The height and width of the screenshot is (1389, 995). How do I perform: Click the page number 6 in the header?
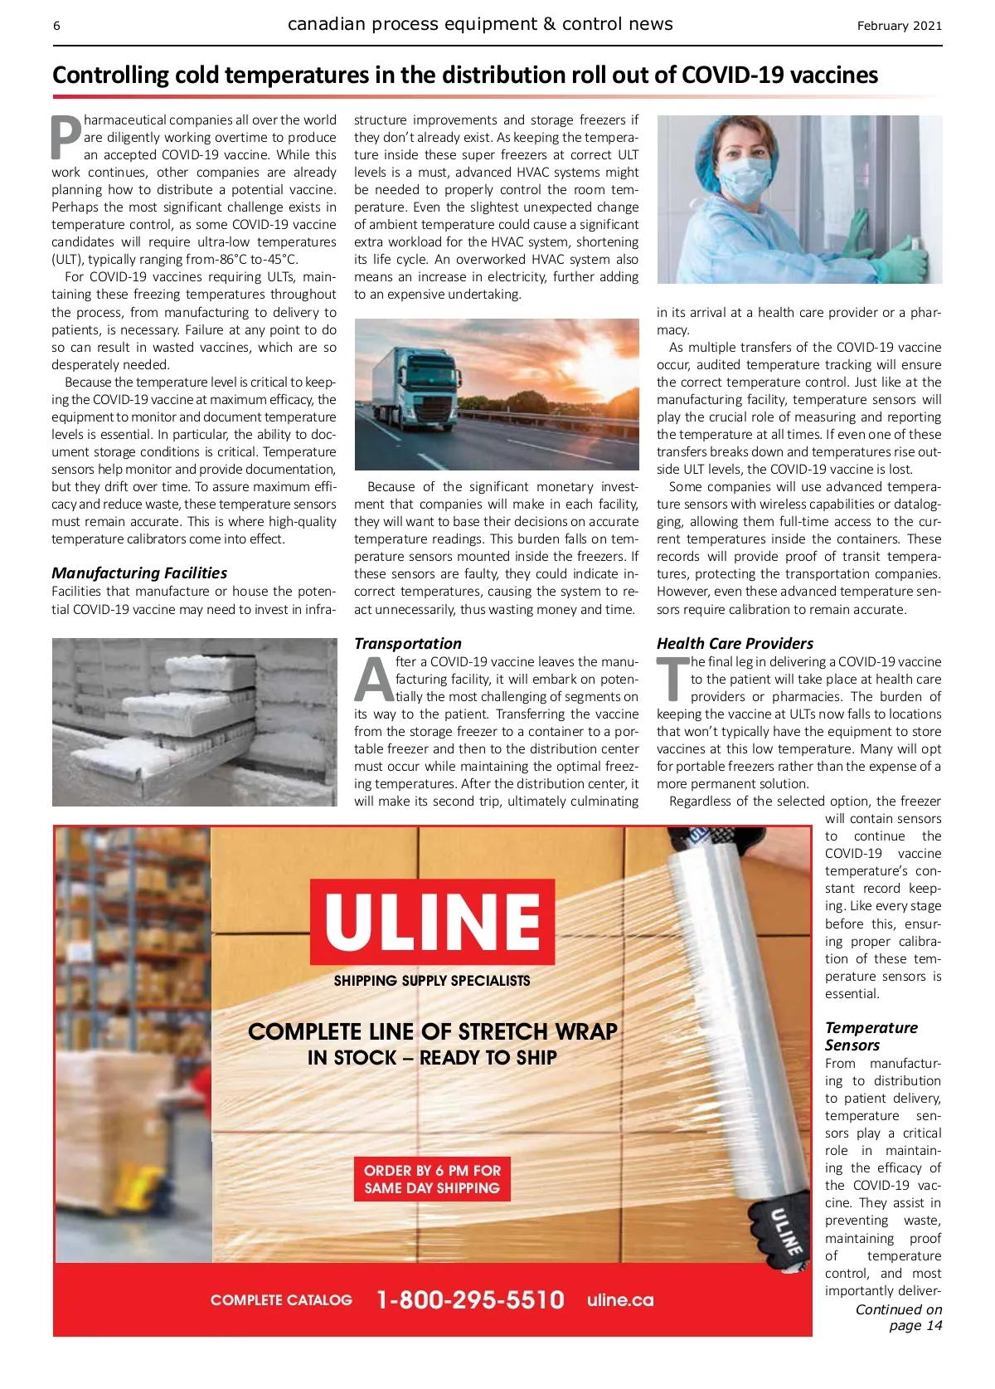pos(56,26)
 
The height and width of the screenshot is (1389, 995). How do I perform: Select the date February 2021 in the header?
pos(899,26)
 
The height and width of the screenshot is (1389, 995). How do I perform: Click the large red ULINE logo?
pos(432,921)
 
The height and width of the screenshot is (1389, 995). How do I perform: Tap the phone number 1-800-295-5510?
pos(470,1299)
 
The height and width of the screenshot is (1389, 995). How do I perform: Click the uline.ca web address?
pos(620,1299)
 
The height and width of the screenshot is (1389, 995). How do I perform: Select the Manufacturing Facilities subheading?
pos(139,573)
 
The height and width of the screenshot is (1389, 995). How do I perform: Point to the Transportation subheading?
pos(407,643)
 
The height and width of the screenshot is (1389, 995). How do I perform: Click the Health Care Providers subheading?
pos(735,643)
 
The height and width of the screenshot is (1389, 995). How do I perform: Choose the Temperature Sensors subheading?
pos(871,1036)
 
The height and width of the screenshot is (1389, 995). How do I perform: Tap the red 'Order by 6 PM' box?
pos(432,1179)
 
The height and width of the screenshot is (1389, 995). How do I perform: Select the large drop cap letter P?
pos(66,138)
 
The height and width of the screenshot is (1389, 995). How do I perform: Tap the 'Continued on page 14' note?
pos(899,1317)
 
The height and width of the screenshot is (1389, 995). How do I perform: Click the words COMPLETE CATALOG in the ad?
pos(281,1300)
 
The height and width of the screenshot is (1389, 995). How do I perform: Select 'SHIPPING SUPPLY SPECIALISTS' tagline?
pos(432,981)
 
